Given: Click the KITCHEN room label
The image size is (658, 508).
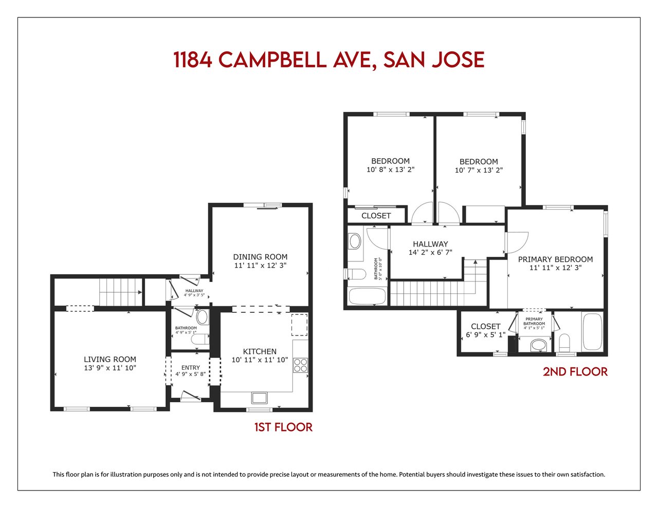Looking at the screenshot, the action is point(260,351).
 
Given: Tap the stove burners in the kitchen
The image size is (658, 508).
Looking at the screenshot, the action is point(300,365).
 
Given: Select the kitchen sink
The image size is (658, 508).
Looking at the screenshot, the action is point(259,398).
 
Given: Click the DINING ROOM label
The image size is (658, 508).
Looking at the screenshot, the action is point(260,257).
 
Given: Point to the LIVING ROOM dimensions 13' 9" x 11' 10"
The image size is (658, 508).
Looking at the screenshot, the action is point(110,368).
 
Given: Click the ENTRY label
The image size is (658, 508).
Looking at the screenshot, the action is point(191,367).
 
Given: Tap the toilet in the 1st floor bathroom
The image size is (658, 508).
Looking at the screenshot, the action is point(200,339).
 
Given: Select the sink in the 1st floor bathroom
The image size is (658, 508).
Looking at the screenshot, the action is point(202,317).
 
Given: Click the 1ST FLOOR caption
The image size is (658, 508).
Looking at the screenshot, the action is point(283,427).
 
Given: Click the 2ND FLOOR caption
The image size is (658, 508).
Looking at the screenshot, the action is point(575,372).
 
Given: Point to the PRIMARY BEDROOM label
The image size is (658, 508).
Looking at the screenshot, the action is point(555,259).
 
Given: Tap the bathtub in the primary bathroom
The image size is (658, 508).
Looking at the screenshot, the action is point(592,331).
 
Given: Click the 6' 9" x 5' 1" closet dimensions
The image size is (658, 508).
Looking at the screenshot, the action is point(486,335).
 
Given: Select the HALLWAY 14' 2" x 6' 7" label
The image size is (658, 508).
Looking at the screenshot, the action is point(430,248).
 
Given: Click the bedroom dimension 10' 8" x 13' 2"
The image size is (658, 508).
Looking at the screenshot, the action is point(390,170).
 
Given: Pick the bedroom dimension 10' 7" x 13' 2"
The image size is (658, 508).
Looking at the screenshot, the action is point(479,170).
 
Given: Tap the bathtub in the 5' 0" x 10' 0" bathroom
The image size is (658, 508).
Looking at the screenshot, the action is point(368,296).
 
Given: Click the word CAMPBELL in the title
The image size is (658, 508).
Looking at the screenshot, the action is point(272,60).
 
